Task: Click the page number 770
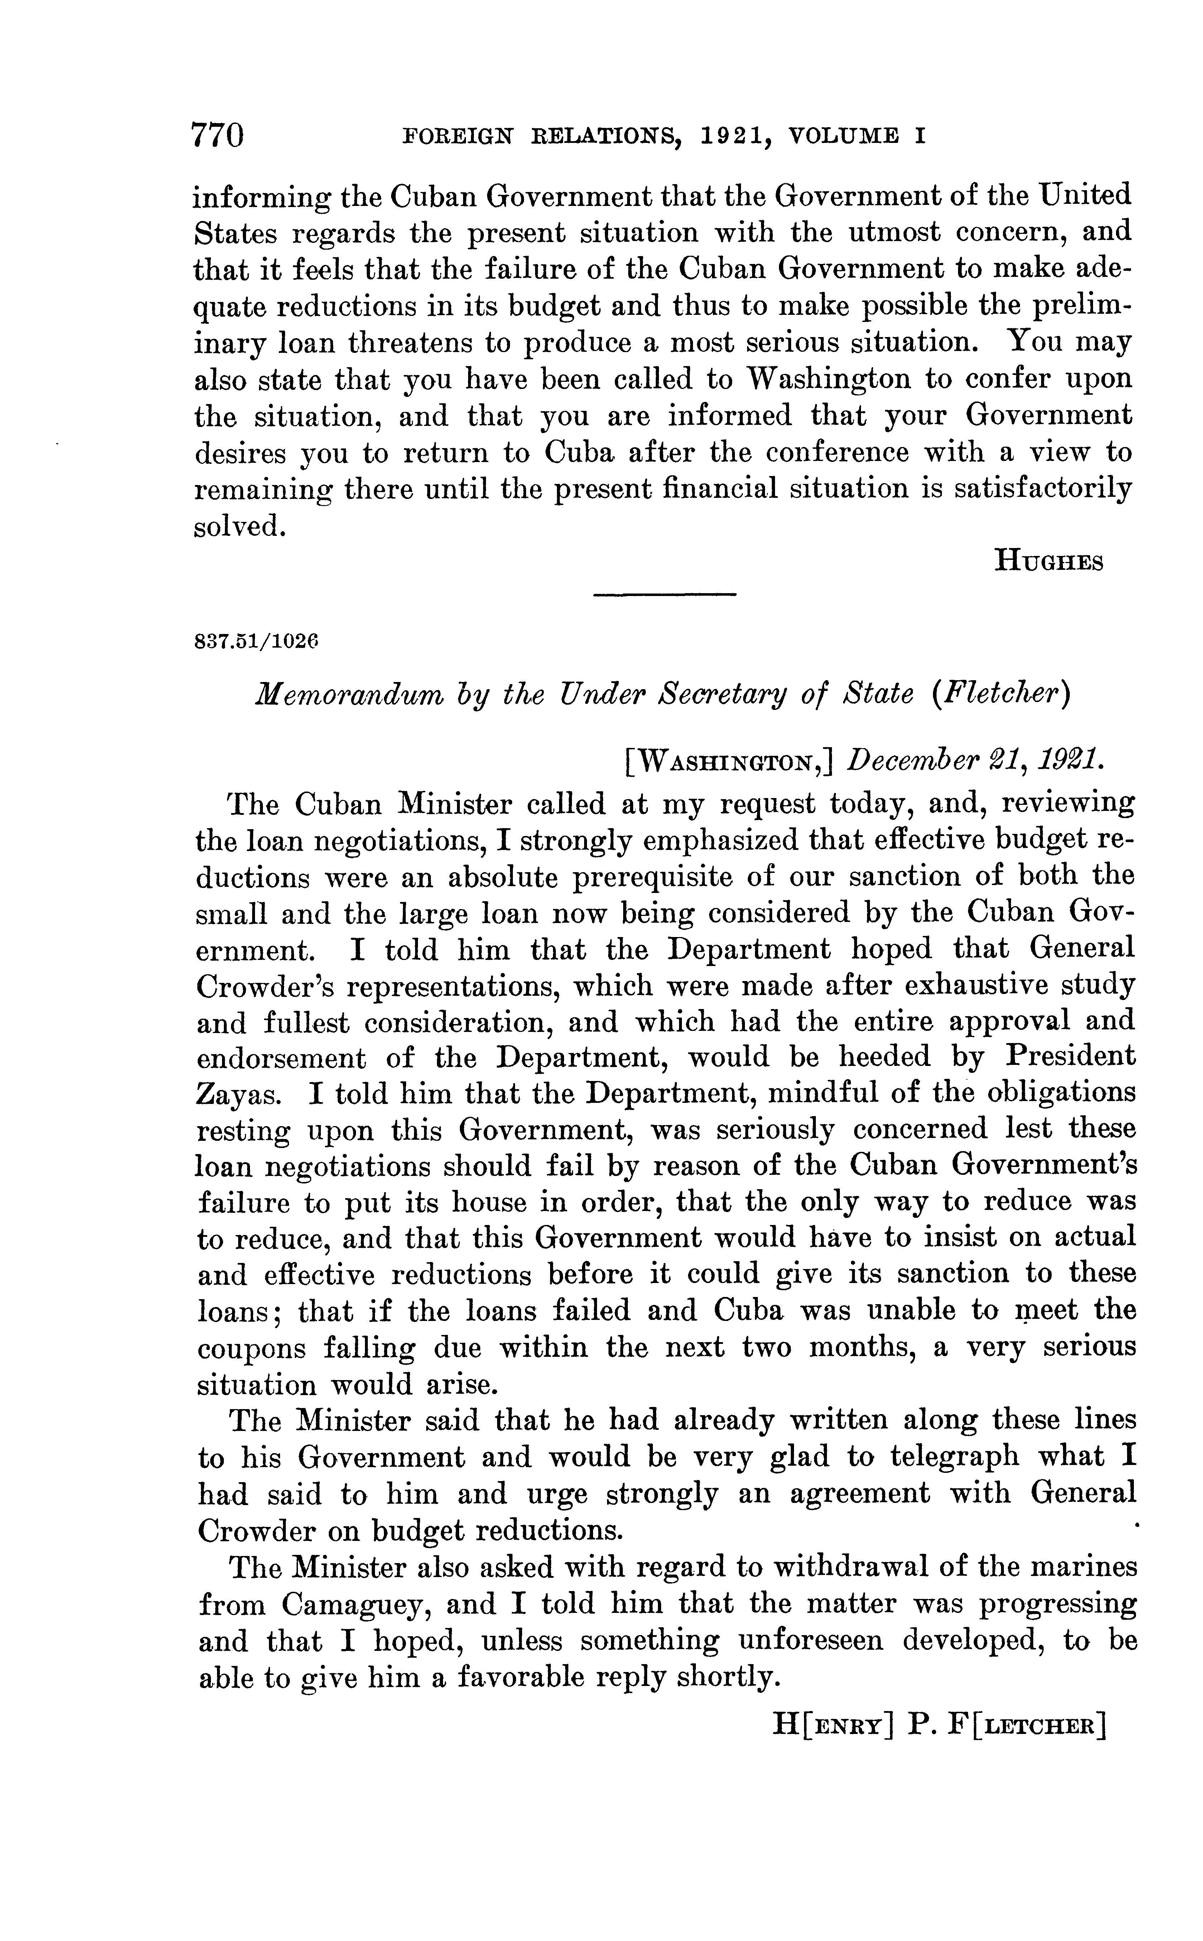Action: pos(217,135)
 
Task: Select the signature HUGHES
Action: pos(1049,562)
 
